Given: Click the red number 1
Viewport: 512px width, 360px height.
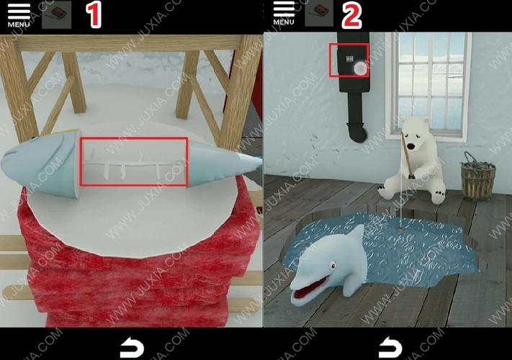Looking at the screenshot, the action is (x=94, y=14).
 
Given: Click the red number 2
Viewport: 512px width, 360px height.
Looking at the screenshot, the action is (x=351, y=15).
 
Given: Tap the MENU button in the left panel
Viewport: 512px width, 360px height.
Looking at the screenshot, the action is (x=19, y=15).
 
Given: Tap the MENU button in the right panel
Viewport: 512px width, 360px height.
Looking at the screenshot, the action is (x=284, y=13).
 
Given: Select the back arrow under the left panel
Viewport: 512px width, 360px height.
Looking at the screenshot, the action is (x=132, y=347).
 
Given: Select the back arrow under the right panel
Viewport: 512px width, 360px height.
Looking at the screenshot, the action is (x=390, y=347).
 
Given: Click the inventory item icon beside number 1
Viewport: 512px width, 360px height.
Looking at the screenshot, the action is (x=57, y=14).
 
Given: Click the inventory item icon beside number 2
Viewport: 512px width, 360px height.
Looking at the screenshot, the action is (x=319, y=13).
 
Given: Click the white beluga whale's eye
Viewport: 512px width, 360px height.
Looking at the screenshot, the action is (x=333, y=266).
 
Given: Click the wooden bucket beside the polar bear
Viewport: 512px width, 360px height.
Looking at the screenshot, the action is (x=477, y=178).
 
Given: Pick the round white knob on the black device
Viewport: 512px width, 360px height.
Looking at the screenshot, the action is (x=360, y=68).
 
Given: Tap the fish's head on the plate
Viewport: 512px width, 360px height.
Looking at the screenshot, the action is (x=41, y=163).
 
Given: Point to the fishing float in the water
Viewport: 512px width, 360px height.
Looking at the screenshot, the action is (x=400, y=227).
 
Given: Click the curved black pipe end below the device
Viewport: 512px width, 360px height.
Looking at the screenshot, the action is (x=357, y=132).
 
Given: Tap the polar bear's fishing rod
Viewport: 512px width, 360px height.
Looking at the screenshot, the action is (x=408, y=153).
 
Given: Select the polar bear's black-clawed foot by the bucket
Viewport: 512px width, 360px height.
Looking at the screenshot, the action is (x=439, y=197).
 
